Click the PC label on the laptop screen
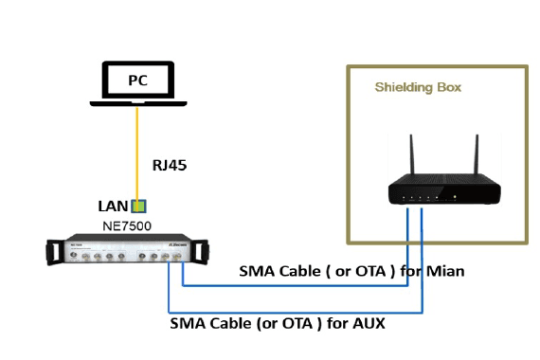tap(137, 81)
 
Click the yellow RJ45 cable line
tap(137, 154)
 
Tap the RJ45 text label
tap(170, 166)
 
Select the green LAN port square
tap(138, 206)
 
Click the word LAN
tap(113, 207)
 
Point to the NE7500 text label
tap(127, 226)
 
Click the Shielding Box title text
tap(418, 87)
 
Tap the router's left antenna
tap(412, 154)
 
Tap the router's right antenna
tap(477, 154)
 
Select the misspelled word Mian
tap(445, 272)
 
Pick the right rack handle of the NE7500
tap(200, 252)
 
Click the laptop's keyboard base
tap(138, 103)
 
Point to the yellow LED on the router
tap(455, 197)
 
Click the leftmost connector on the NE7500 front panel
tap(73, 255)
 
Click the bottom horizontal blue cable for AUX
tap(296, 313)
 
